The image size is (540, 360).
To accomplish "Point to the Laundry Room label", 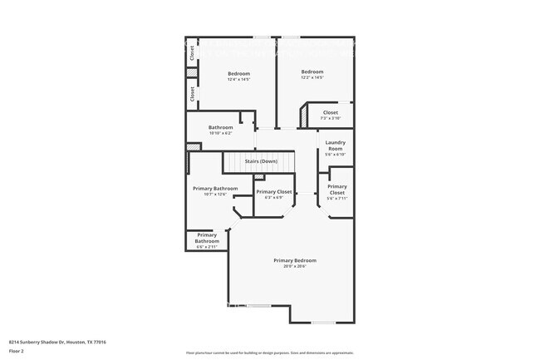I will coord(335,145).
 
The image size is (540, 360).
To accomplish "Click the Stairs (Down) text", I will coord(260,160).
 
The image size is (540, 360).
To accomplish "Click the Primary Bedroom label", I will coord(295,260).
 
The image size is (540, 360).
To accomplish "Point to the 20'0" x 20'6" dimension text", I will coord(295,266).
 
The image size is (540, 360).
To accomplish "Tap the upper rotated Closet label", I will coord(192,53).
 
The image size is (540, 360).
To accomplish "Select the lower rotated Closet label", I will coord(192,94).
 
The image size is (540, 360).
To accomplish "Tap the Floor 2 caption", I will coord(17,351).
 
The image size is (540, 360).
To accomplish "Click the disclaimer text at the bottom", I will coord(269,354).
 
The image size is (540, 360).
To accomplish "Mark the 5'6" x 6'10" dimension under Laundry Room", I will coord(335,154).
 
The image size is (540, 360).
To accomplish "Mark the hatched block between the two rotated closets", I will coord(192,73).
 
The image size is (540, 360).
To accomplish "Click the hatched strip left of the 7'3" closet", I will coord(305,115).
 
